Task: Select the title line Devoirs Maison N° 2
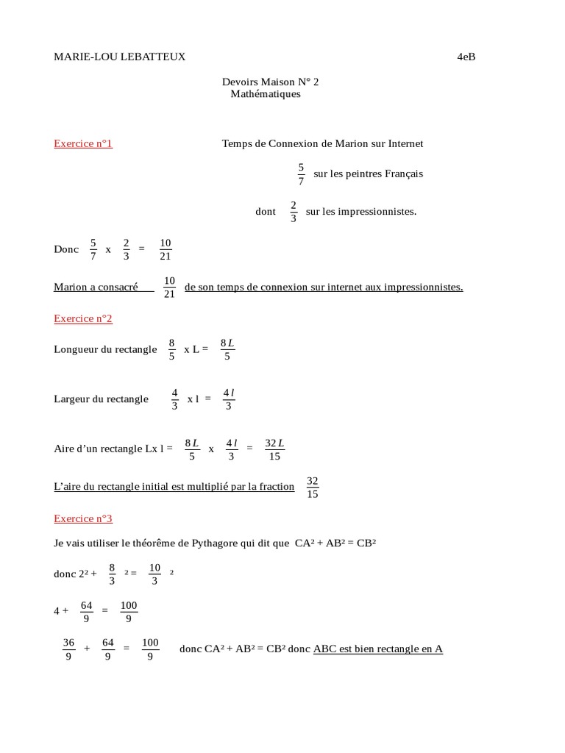click(270, 82)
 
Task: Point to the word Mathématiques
click(266, 94)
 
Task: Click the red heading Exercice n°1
click(83, 143)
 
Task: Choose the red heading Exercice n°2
click(83, 318)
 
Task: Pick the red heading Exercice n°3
click(83, 518)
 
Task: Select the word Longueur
click(75, 349)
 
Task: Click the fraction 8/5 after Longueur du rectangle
click(171, 349)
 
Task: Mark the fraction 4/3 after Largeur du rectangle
click(174, 399)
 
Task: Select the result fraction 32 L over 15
click(274, 449)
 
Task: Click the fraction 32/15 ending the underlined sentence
click(312, 487)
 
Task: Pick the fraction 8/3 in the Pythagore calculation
click(112, 574)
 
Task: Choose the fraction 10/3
click(154, 574)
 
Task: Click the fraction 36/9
click(69, 649)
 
